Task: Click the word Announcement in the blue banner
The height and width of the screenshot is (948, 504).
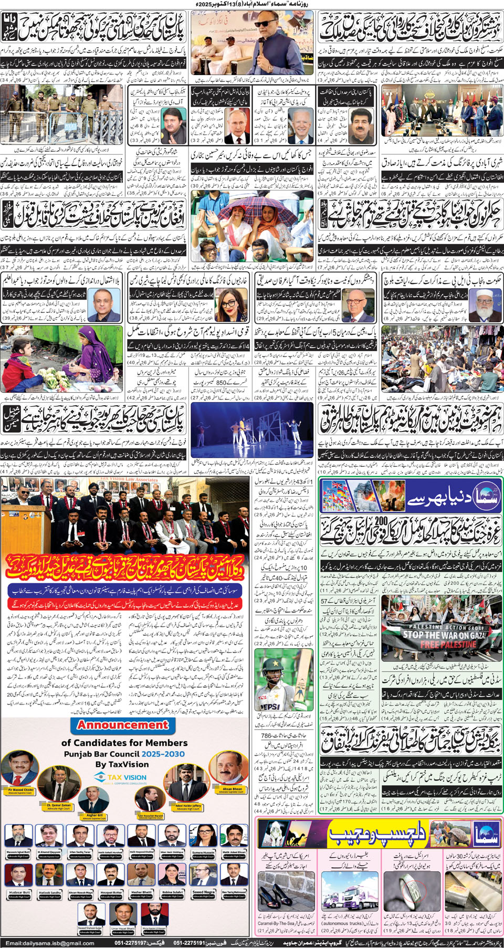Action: [123, 725]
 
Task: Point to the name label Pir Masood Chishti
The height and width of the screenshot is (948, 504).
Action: [21, 789]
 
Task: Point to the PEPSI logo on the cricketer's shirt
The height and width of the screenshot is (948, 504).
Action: [271, 707]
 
